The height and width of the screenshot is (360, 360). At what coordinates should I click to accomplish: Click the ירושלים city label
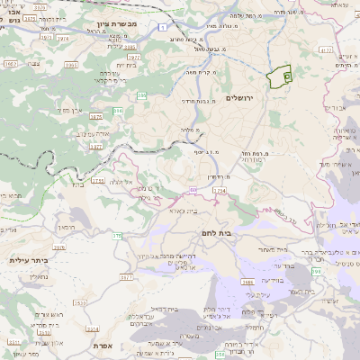click(x=240, y=97)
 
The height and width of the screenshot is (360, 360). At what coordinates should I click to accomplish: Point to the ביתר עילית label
click(x=28, y=259)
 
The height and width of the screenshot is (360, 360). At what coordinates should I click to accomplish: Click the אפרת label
click(x=102, y=345)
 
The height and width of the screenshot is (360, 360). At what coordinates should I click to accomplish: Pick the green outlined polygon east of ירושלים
click(x=280, y=78)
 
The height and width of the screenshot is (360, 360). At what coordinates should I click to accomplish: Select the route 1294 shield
click(x=220, y=192)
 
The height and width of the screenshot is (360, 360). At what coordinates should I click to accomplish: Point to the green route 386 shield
click(x=118, y=111)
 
